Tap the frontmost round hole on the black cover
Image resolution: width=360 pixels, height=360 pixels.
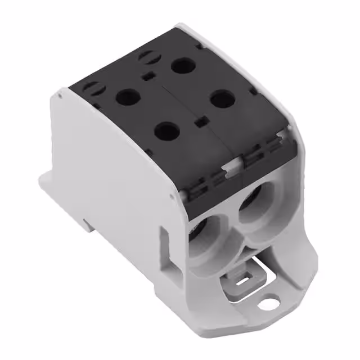(x=167, y=133)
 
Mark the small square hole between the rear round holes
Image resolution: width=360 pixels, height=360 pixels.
(x=149, y=78)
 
